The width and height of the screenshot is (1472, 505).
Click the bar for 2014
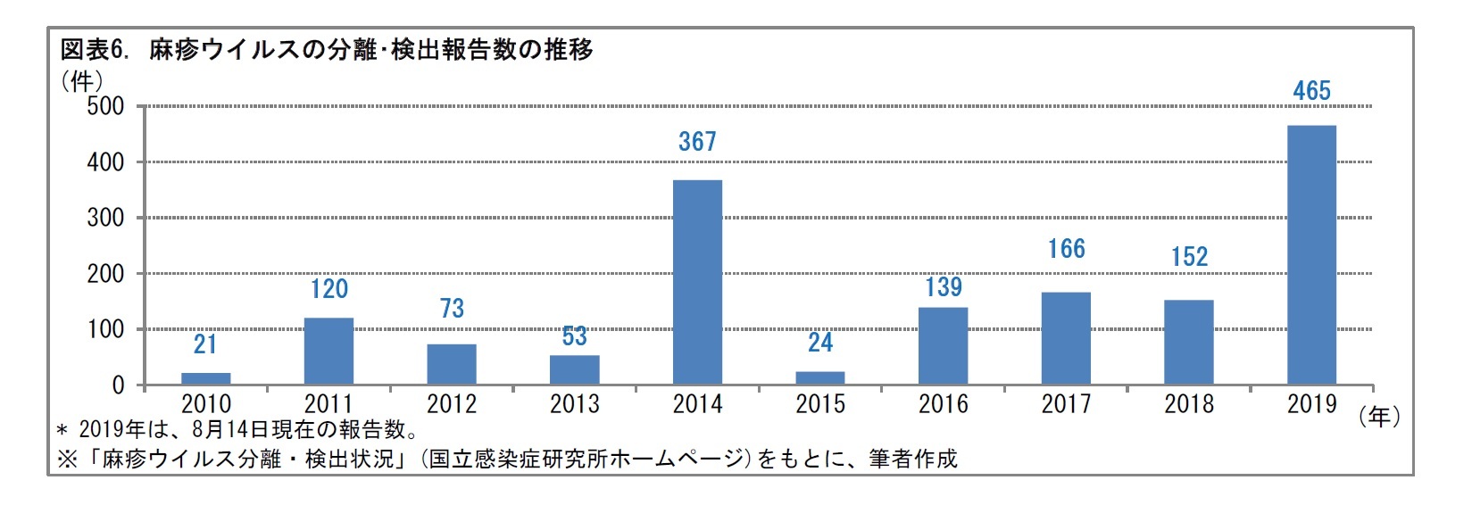[x=697, y=282]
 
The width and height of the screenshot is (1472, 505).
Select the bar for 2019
[x=1311, y=255]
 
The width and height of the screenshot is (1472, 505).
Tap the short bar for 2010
[x=206, y=378]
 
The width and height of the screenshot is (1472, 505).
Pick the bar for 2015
[x=820, y=377]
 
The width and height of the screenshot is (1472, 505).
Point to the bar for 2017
[x=1066, y=338]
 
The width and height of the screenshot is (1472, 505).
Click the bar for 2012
[x=452, y=364]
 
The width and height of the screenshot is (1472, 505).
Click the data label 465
[x=1311, y=91]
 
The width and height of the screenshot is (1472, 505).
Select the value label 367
[x=697, y=142]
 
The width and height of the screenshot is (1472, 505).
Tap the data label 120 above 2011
[x=329, y=289]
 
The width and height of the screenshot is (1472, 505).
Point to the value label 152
[x=1189, y=257]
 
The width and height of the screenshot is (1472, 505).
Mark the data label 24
[x=820, y=343]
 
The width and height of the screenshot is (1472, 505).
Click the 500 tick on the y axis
[x=105, y=107]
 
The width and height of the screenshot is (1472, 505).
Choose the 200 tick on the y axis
[x=105, y=274]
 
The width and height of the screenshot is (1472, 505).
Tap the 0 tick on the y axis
[x=118, y=385]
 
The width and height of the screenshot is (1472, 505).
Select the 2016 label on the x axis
[x=944, y=404]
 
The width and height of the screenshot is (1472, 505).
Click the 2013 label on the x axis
[x=575, y=404]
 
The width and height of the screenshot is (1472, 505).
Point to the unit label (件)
[x=81, y=81]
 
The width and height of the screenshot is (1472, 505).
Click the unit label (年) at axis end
[x=1379, y=417]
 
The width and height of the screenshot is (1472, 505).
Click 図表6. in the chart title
[x=95, y=50]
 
